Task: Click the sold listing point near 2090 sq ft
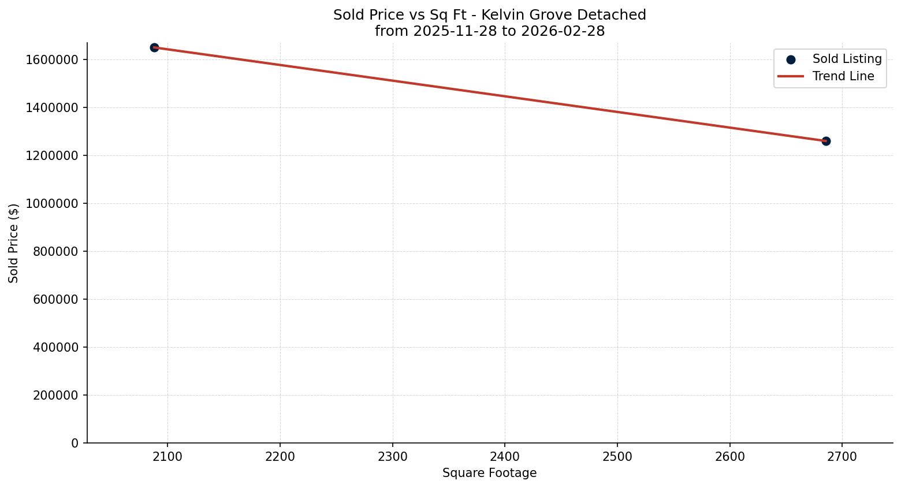[x=154, y=47]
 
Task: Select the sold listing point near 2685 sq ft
[x=826, y=141]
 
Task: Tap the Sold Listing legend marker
[x=791, y=59]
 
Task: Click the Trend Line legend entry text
[x=843, y=76]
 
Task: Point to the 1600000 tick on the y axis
[x=52, y=59]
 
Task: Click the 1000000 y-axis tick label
[x=52, y=203]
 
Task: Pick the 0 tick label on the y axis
[x=75, y=443]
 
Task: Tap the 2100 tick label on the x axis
[x=167, y=457]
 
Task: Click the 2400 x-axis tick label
[x=505, y=457]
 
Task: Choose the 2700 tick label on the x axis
[x=842, y=457]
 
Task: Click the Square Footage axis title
[x=489, y=474]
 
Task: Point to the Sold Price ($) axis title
[x=14, y=243]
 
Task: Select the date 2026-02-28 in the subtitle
[x=563, y=31]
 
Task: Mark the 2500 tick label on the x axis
[x=617, y=457]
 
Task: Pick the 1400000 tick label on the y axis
[x=52, y=107]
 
